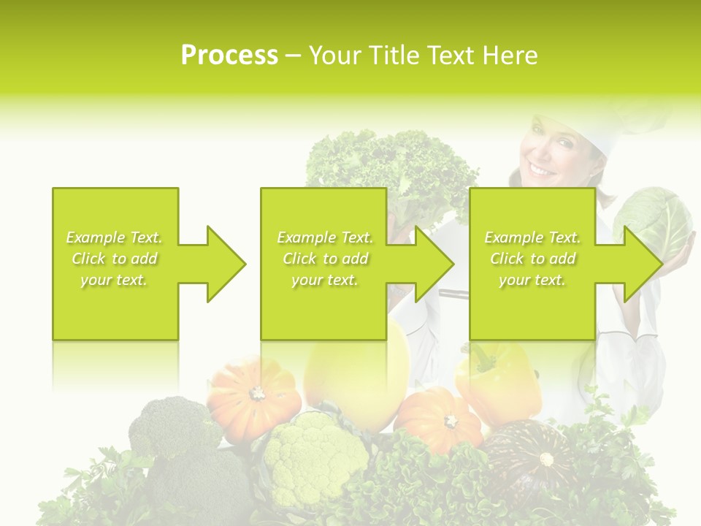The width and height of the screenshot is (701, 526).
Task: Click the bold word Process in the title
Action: pos(229,56)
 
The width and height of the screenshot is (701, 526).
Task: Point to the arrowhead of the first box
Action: pos(226,264)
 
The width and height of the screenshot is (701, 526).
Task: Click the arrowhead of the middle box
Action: pos(434,264)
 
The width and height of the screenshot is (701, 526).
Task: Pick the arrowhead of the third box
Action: pos(643,264)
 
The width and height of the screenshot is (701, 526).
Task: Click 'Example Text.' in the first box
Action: pos(114,237)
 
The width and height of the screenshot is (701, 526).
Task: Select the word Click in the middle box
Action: pos(299,259)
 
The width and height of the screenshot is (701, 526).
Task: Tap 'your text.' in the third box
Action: pos(532,280)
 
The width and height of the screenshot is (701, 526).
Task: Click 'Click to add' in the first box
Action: pos(114,259)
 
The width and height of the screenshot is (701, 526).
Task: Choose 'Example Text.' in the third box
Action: pos(532,237)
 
